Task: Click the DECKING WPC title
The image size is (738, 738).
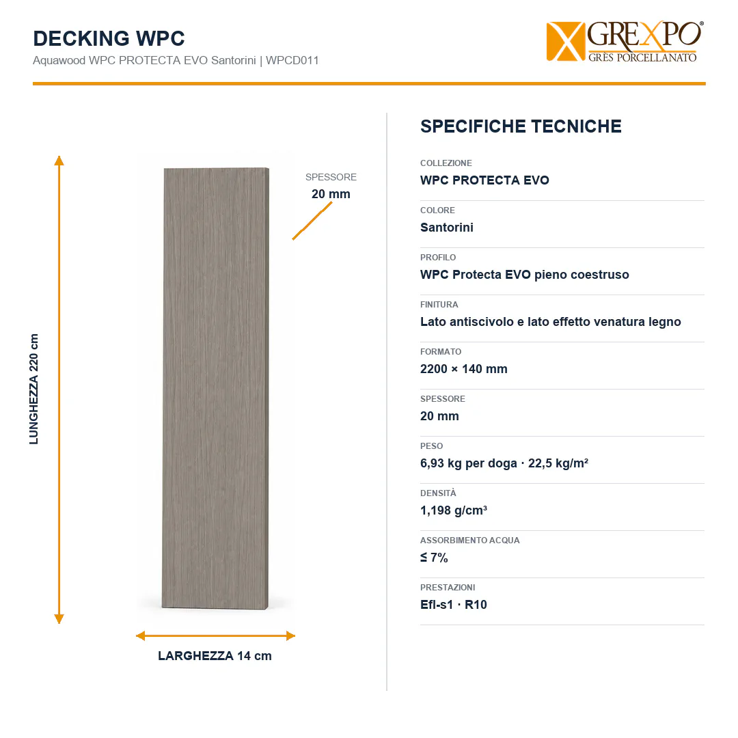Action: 109,38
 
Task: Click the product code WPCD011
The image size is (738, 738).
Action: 292,60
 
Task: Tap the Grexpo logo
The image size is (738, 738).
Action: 625,42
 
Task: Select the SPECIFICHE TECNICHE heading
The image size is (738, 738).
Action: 521,126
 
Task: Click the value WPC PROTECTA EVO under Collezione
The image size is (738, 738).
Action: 484,180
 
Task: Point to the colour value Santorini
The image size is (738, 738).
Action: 447,228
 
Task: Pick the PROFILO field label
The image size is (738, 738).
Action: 438,258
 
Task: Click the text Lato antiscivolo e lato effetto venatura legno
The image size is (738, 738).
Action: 551,322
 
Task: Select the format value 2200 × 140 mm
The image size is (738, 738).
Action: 463,369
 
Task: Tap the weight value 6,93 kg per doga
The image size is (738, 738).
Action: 469,463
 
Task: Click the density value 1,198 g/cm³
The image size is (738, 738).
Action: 454,510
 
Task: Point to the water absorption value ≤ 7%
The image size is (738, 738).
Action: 434,558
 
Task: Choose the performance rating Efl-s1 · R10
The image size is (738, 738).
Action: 454,605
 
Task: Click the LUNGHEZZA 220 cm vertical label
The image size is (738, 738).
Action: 34,389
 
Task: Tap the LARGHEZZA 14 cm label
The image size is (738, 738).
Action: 215,655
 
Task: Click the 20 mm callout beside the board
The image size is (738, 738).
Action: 331,194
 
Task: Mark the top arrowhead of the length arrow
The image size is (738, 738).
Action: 59,160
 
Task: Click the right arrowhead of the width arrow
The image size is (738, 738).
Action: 290,636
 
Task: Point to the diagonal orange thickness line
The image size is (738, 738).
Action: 312,221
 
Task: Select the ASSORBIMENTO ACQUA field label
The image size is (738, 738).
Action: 469,541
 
